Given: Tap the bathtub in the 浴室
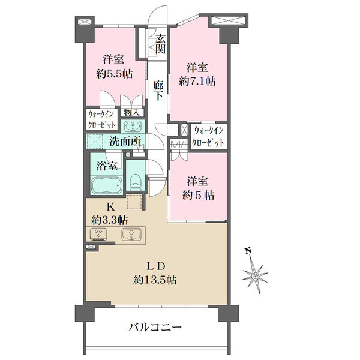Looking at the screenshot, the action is click(107, 185).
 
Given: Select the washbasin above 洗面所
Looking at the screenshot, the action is click(133, 126).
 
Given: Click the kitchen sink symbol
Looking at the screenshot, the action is click(131, 234).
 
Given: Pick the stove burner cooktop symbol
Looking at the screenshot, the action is click(99, 234).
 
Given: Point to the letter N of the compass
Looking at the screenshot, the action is click(248, 250).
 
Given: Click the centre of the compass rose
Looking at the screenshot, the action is click(255, 276).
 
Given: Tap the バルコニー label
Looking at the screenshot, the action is click(155, 327).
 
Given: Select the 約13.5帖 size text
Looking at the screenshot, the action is click(155, 280).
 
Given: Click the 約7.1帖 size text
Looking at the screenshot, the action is click(197, 81).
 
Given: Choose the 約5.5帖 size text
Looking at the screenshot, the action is click(114, 74).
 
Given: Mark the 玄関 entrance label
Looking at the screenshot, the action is click(160, 44).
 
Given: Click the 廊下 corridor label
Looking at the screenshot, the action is click(158, 91).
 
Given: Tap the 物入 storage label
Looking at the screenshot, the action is click(131, 112).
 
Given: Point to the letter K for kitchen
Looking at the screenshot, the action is click(110, 207).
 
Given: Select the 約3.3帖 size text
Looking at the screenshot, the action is click(110, 220).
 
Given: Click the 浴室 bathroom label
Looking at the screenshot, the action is click(107, 166).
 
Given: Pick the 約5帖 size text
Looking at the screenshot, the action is click(198, 196).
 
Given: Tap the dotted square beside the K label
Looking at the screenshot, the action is click(134, 202).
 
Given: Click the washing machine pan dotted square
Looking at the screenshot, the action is click(94, 141).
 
